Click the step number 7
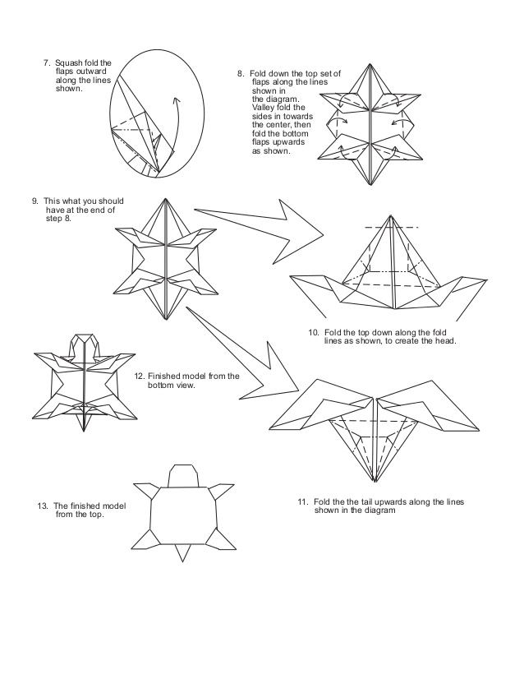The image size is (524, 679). [x=46, y=62]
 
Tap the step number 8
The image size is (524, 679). [x=240, y=73]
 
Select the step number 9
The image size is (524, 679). [x=34, y=201]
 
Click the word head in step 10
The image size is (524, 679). [x=444, y=340]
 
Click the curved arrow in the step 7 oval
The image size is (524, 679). [x=173, y=123]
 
